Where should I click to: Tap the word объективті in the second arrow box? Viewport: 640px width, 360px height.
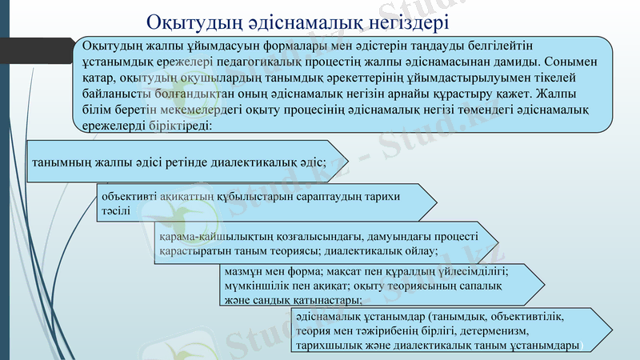(x=128, y=195)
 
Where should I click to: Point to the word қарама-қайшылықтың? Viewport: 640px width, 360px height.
(x=210, y=237)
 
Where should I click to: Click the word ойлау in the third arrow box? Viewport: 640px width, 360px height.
(x=422, y=251)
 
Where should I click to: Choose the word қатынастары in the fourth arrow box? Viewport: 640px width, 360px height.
(x=323, y=300)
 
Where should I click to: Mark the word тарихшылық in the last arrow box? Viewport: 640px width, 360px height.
(x=329, y=345)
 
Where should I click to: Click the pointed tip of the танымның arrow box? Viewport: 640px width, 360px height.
(x=348, y=162)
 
